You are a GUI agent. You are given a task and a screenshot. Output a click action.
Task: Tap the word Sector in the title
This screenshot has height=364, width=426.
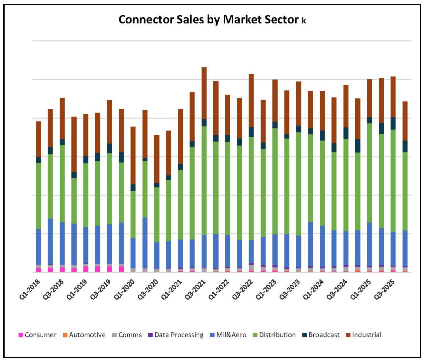click(281, 20)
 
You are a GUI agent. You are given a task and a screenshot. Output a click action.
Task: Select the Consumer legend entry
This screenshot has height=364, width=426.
click(40, 335)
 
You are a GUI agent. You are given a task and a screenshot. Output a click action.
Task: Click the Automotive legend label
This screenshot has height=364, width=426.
click(87, 335)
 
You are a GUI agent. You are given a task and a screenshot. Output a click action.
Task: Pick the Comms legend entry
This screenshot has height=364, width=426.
click(130, 335)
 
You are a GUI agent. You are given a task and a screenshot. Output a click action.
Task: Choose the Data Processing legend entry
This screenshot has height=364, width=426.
click(179, 335)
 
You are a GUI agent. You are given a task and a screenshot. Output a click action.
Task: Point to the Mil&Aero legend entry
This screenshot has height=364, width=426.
click(231, 335)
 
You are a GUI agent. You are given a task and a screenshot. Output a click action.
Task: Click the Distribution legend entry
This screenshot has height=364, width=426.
click(277, 335)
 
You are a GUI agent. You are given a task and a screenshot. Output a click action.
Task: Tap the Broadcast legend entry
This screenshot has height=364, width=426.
click(324, 335)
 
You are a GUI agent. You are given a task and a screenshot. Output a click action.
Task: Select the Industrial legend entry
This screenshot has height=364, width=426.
click(367, 335)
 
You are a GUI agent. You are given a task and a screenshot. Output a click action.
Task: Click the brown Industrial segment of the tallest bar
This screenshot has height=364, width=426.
click(204, 93)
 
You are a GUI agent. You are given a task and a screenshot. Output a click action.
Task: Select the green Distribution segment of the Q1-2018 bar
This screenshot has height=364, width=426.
click(39, 196)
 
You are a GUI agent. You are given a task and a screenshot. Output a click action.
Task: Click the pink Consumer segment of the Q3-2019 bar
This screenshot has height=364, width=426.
click(109, 269)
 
